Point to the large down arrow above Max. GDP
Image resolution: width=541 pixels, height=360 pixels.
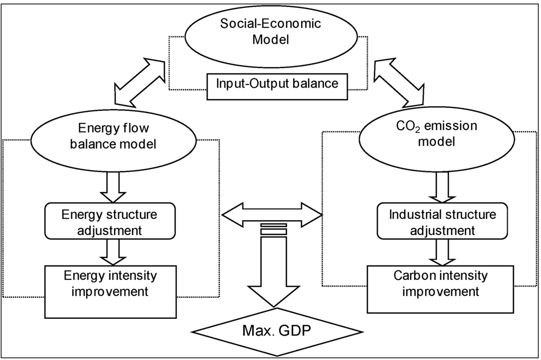pos(272,274)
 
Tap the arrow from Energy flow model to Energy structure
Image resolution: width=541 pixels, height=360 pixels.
pos(114,186)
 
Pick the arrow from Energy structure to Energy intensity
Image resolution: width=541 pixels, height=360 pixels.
pos(114,252)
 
